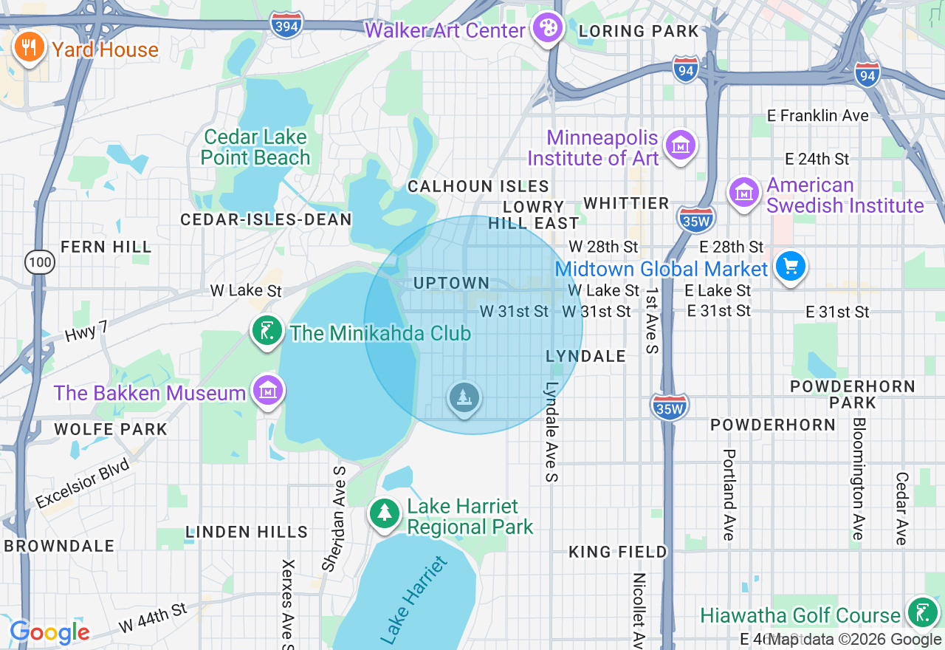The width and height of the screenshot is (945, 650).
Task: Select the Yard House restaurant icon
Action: [x=29, y=48]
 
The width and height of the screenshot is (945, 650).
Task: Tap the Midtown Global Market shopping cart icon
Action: [x=790, y=266]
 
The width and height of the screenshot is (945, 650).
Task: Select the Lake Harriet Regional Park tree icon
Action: [x=384, y=513]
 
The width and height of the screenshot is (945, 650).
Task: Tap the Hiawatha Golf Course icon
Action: [x=922, y=612]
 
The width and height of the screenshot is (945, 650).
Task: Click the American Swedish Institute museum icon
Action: [x=744, y=192]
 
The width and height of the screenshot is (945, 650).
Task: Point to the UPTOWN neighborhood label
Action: [x=451, y=283]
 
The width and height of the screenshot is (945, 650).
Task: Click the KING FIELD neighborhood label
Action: [x=617, y=552]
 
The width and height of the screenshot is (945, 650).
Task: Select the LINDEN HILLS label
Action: [x=247, y=532]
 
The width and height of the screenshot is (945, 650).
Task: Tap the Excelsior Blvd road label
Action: [x=82, y=484]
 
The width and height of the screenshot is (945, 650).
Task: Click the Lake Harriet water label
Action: [x=415, y=600]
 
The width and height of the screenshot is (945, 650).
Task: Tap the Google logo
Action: [x=49, y=632]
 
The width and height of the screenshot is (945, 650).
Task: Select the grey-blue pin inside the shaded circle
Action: [x=464, y=398]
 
